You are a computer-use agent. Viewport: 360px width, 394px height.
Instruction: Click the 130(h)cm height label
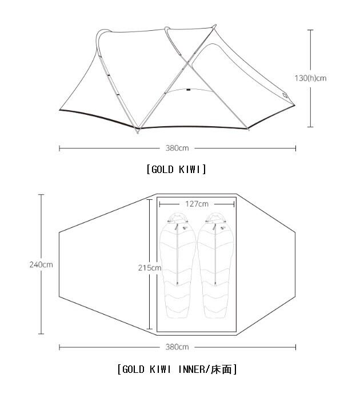pos(310,78)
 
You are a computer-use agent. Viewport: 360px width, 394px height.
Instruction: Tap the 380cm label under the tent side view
pos(177,148)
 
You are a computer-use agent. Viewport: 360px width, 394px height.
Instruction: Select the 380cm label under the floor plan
pos(177,347)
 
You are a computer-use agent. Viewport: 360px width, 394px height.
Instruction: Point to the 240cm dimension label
pos(41,264)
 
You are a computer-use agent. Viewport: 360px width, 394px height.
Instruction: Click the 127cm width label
pos(197,204)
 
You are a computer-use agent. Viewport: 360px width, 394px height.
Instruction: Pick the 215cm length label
pos(150,268)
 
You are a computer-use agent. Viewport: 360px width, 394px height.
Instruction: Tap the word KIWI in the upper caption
pos(190,170)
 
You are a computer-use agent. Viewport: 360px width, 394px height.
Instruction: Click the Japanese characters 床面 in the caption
pos(221,369)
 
